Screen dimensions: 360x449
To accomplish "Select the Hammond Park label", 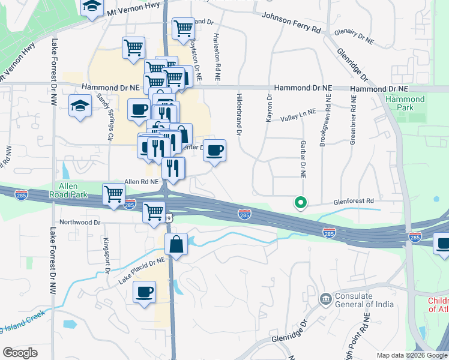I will (400, 103).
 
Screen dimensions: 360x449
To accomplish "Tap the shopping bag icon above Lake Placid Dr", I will (176, 245).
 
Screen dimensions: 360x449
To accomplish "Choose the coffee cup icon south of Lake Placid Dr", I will (145, 292).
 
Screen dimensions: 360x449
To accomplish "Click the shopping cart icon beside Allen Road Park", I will (114, 194).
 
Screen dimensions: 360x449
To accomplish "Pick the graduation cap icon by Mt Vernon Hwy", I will (91, 7).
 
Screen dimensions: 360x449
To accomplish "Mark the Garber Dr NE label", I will (302, 158).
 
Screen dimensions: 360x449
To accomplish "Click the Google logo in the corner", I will (20, 353).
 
